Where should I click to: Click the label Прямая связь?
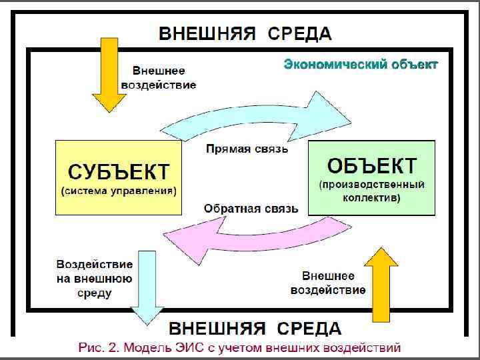click(x=246, y=149)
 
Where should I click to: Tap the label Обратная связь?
click(x=251, y=209)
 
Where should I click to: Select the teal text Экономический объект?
click(x=361, y=65)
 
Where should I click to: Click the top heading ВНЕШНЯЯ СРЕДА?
click(x=244, y=33)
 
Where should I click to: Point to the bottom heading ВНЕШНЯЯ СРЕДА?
click(x=254, y=329)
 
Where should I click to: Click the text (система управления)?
click(x=119, y=191)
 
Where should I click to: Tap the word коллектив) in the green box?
click(x=372, y=198)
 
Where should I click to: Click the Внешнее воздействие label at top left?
click(x=159, y=77)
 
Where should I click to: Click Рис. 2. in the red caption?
click(x=98, y=347)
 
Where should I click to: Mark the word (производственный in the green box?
click(x=372, y=183)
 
